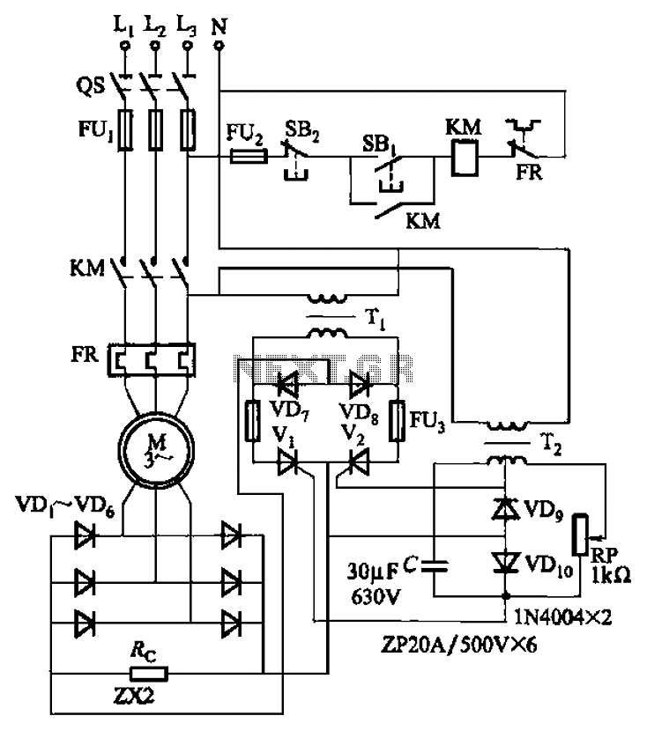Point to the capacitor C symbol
pos(437,564)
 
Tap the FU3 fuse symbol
pos(398,421)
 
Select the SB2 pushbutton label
pos(301,121)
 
